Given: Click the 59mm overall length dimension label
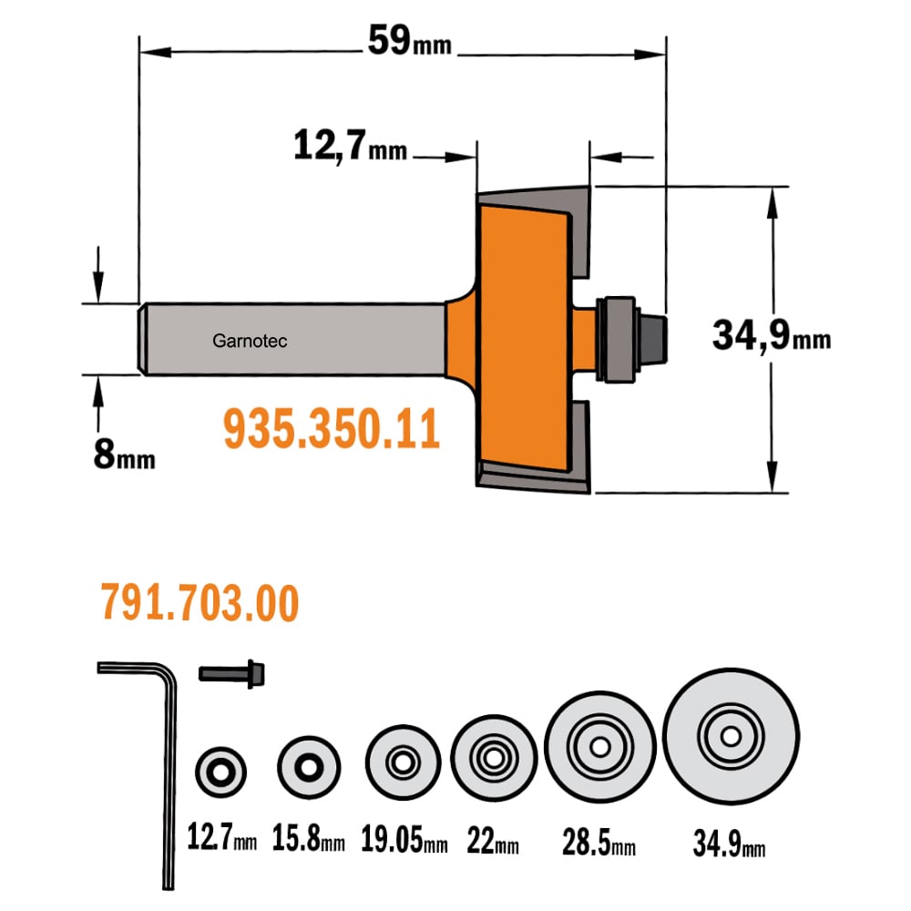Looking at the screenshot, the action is (410, 41).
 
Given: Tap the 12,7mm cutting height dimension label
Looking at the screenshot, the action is (350, 145).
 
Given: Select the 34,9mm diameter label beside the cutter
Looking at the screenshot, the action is (772, 335).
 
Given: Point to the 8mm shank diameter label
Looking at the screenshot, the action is (124, 455).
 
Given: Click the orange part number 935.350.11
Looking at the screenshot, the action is (332, 429).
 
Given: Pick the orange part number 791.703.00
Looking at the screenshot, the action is (200, 602).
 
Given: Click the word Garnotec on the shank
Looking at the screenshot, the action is (250, 341).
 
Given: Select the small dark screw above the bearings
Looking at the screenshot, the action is (231, 674).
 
